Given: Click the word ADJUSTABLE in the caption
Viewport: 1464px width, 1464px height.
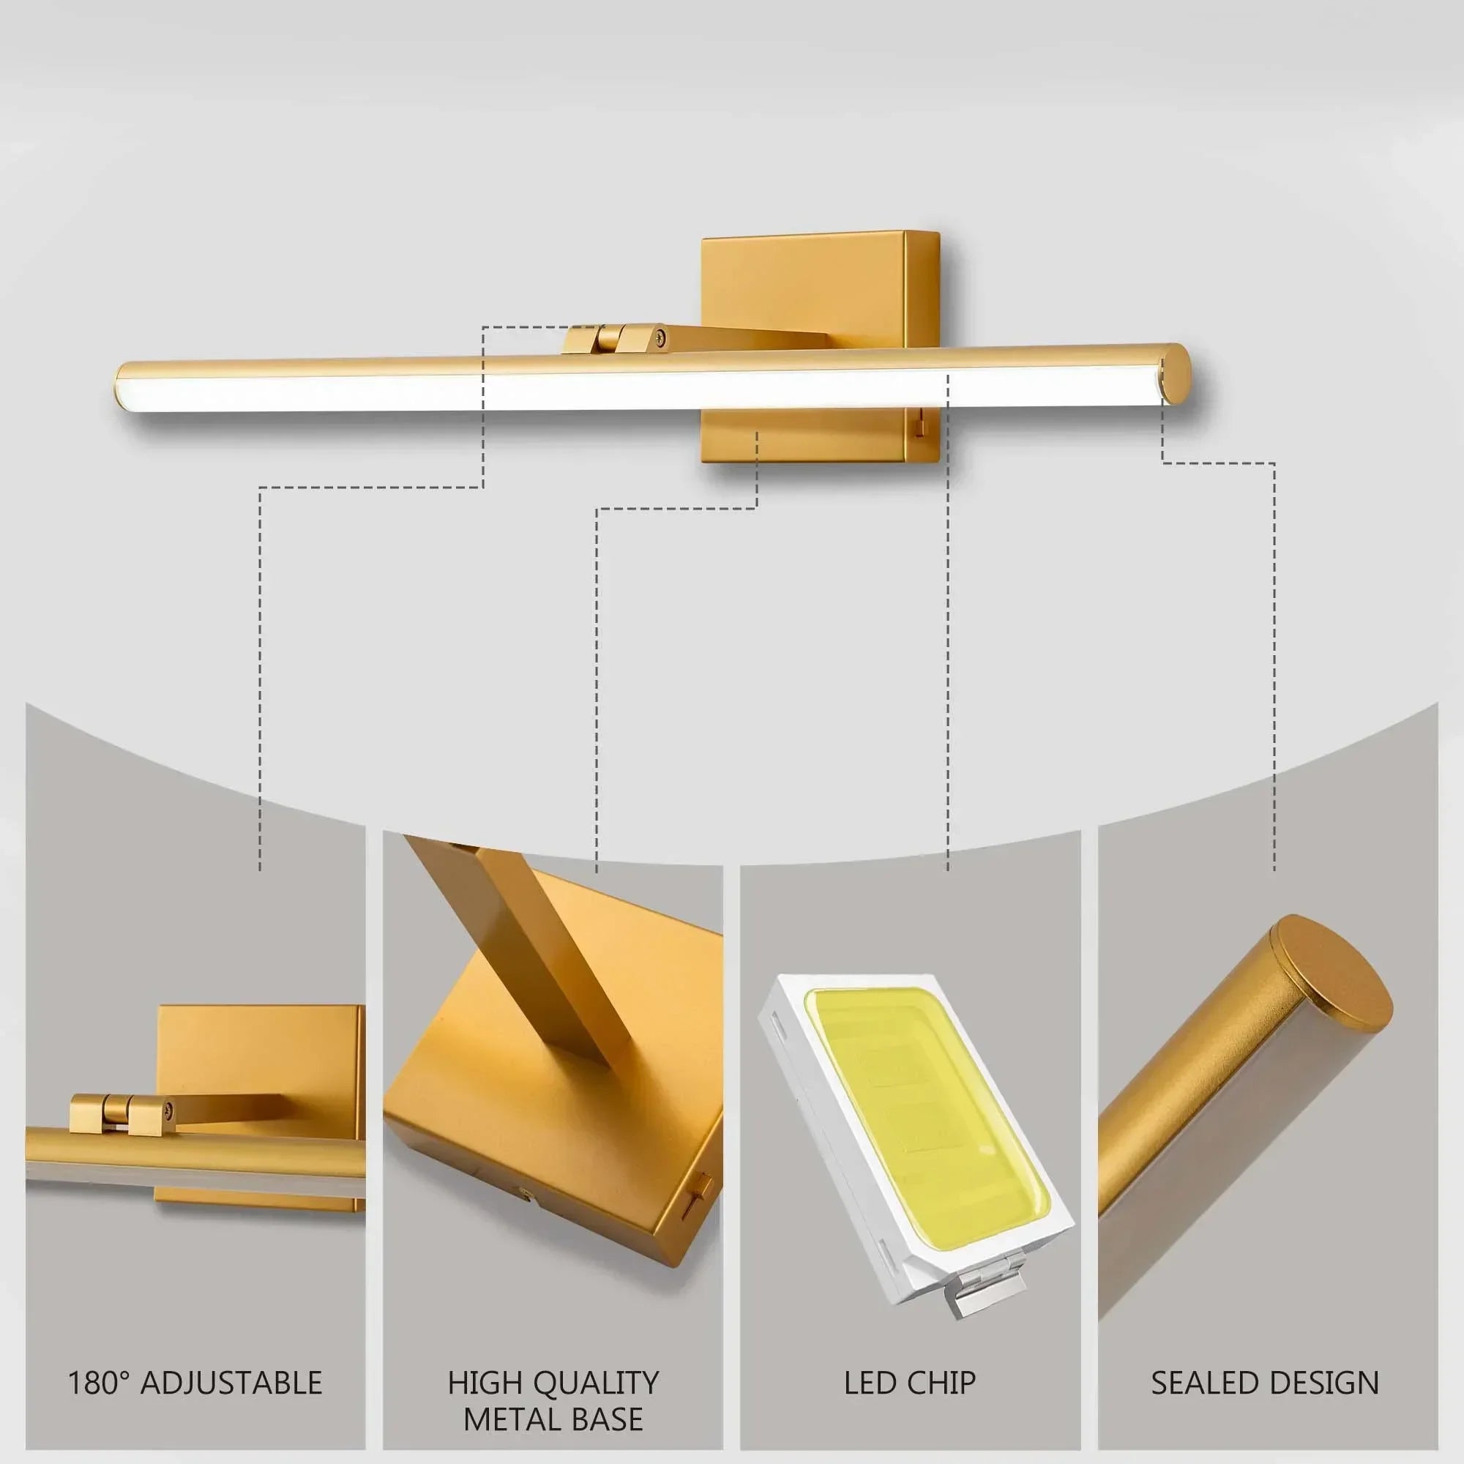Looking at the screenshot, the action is point(232,1383).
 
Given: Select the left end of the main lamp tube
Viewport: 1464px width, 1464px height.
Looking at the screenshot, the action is point(122,387).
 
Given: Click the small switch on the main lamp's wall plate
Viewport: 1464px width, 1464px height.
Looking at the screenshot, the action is point(919,429).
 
